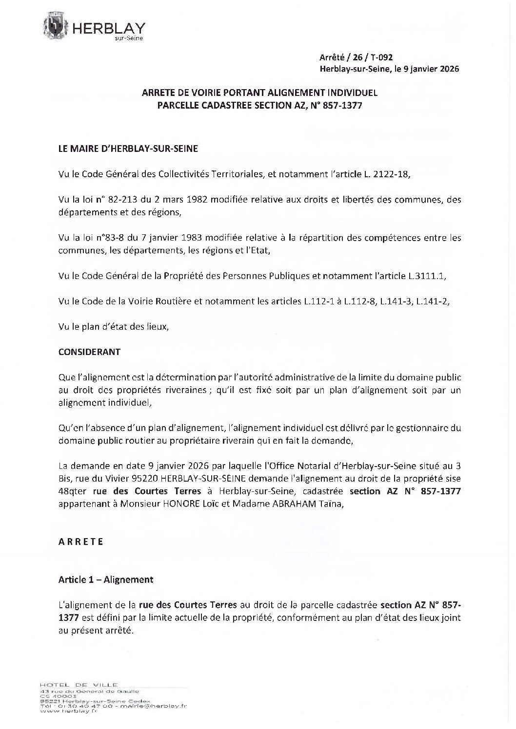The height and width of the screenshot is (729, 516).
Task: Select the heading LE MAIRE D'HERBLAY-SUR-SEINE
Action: (x=128, y=149)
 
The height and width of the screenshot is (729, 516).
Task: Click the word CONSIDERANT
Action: (x=89, y=352)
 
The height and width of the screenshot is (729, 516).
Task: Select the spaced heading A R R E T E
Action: (x=81, y=542)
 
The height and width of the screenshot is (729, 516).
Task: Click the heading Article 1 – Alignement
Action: (x=105, y=579)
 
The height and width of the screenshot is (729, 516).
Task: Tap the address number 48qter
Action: (x=72, y=491)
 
